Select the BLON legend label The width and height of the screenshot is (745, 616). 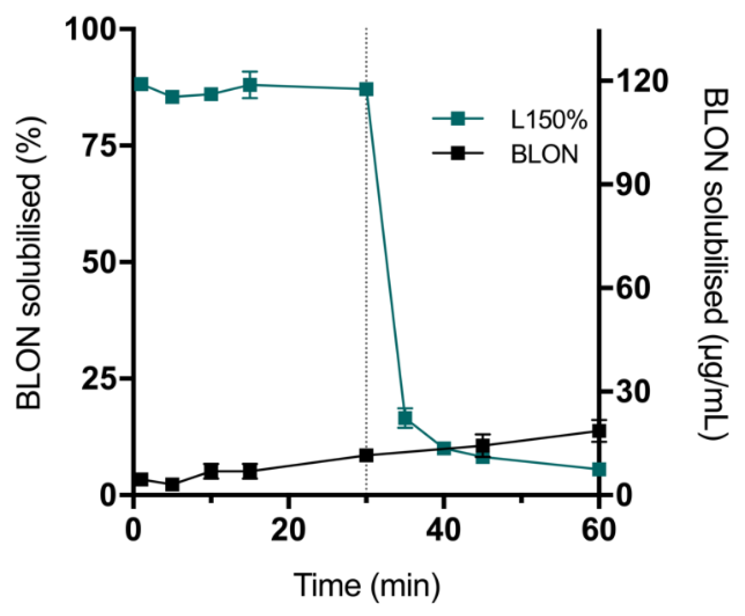(x=544, y=154)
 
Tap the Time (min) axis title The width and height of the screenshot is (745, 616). (x=367, y=586)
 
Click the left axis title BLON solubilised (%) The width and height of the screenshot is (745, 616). (x=29, y=262)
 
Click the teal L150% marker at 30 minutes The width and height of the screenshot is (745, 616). (x=366, y=90)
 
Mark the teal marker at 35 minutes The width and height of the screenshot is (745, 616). (x=405, y=418)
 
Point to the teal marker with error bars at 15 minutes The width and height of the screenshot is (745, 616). (x=250, y=85)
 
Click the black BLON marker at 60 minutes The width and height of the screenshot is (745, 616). (x=599, y=431)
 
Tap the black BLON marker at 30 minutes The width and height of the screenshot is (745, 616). (x=366, y=455)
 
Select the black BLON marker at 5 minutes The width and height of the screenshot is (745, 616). (x=172, y=485)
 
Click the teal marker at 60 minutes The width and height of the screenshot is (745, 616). (x=599, y=469)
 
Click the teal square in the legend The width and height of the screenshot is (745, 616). (x=458, y=119)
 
